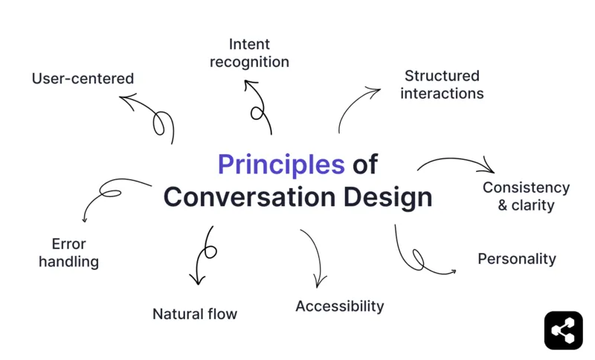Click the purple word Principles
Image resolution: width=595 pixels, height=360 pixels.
[281, 164]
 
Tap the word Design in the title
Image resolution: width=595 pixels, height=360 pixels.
[387, 197]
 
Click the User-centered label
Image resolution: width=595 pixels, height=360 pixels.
[83, 78]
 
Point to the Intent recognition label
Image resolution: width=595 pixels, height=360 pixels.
[249, 53]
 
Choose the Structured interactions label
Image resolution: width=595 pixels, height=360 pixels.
[442, 85]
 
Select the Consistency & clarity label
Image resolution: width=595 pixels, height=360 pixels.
[526, 196]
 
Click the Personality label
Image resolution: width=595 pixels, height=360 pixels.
[516, 259]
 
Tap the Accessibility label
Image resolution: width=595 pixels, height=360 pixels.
[339, 306]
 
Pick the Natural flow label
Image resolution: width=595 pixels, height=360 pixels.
[195, 314]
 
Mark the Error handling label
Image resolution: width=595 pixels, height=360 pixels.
[68, 253]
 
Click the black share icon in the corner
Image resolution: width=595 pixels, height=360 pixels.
[563, 330]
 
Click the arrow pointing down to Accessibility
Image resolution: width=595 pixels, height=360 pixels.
[316, 257]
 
